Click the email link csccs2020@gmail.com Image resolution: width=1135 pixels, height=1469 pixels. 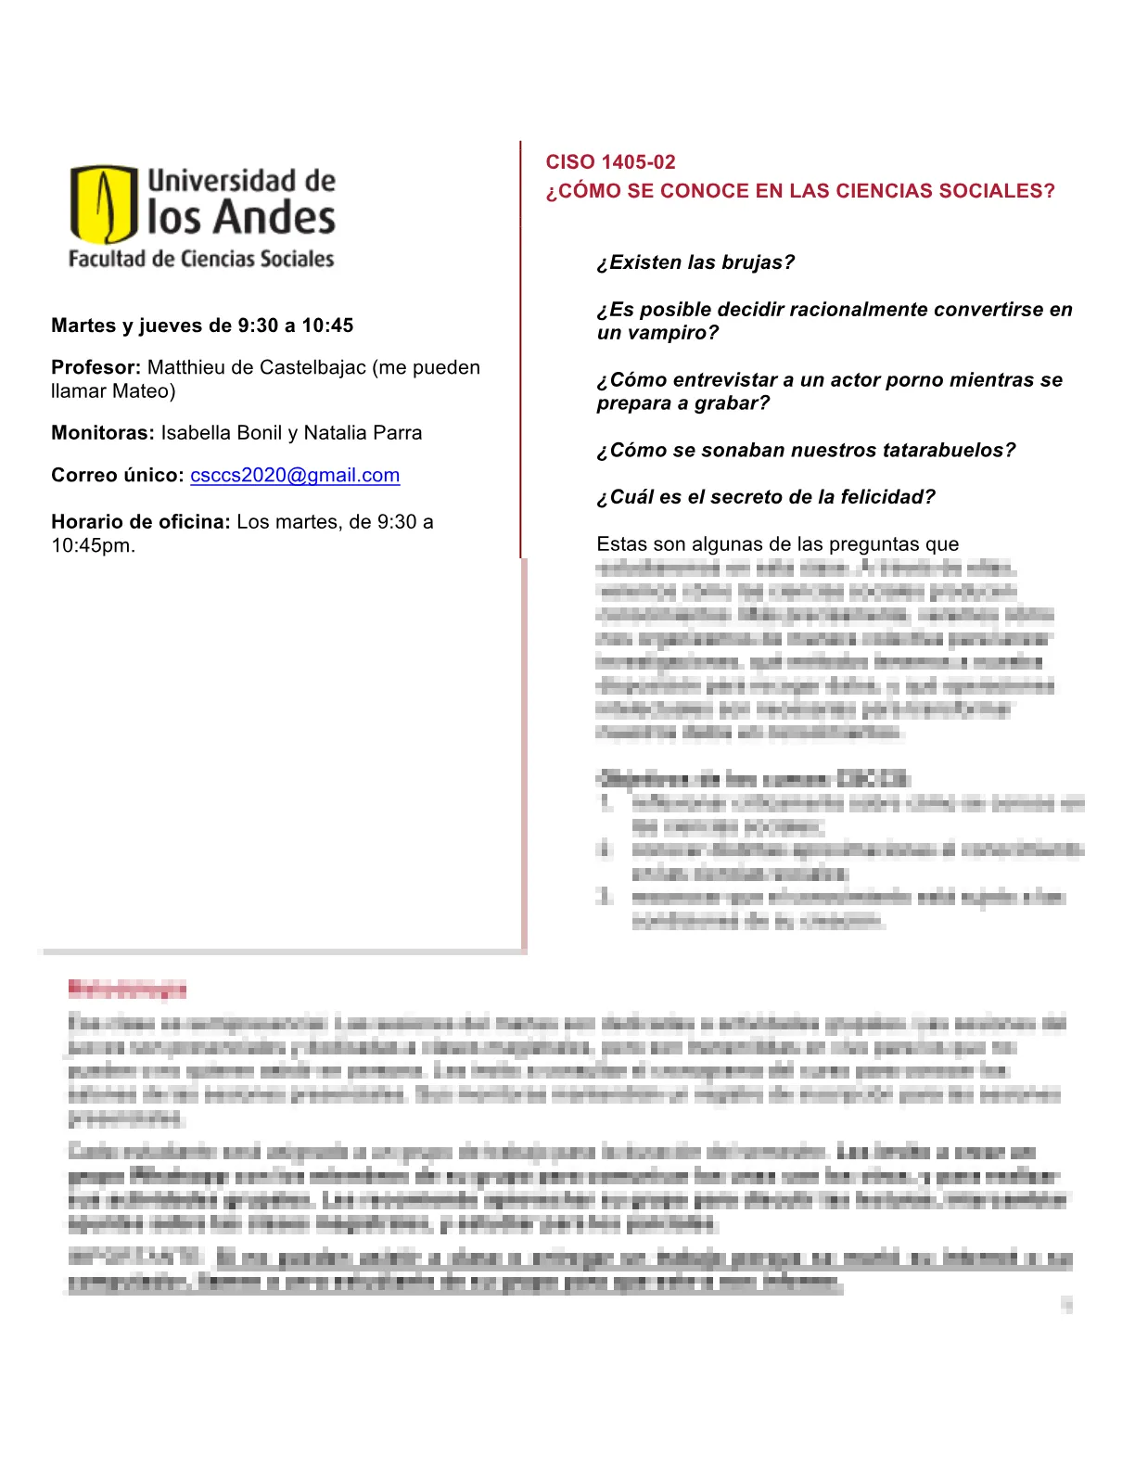coord(295,475)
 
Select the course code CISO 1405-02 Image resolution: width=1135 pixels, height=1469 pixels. coord(610,162)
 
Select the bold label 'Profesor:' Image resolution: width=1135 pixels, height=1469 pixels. coord(96,367)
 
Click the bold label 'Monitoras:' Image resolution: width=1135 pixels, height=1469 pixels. coord(103,433)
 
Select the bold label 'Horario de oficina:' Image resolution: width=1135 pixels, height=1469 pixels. coord(140,522)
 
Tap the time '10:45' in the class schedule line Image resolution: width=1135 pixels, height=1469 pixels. coord(327,326)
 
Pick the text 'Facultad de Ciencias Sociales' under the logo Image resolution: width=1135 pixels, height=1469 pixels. coord(201,259)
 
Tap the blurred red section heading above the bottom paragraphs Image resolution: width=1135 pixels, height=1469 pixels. coord(127,990)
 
